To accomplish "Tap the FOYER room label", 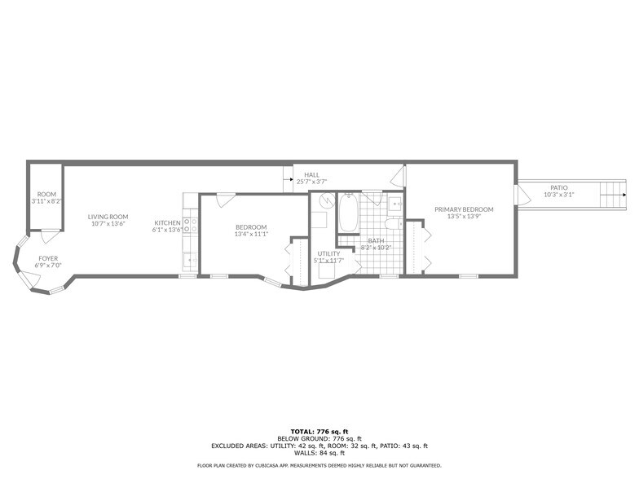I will [x=48, y=258].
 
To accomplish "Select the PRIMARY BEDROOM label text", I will [x=464, y=209].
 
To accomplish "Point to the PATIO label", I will [x=558, y=188].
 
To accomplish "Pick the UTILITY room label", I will [x=328, y=253].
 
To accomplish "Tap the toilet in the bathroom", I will [x=392, y=224].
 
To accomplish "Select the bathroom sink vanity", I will [x=394, y=203].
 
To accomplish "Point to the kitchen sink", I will [x=188, y=260].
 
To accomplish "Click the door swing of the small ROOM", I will [x=50, y=236].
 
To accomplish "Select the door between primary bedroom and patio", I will [x=517, y=195].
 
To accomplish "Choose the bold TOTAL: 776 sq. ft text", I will [x=319, y=431].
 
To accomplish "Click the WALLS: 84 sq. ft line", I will [x=319, y=453].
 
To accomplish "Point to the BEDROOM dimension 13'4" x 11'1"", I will [x=251, y=234].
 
